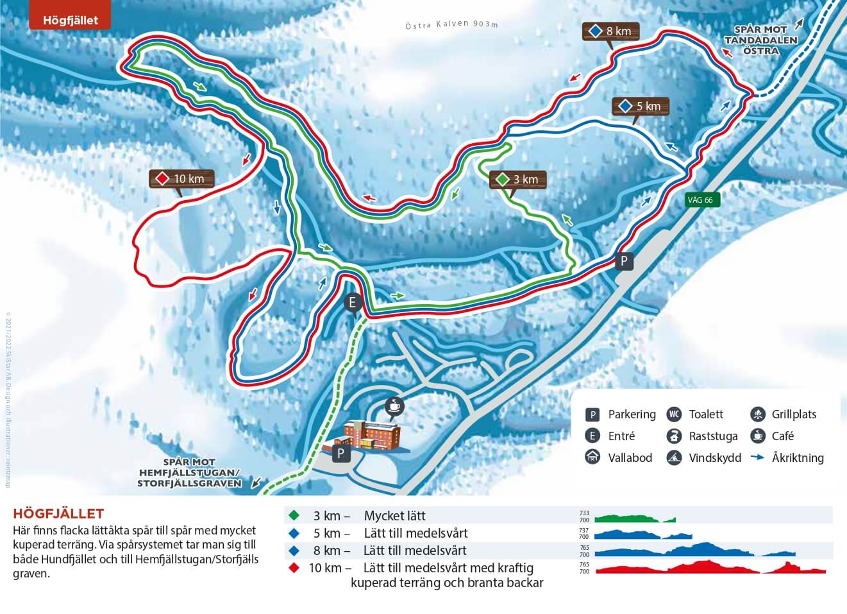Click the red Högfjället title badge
point(70,19)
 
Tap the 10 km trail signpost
point(181,178)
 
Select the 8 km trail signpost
point(611,31)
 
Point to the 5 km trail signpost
point(641,106)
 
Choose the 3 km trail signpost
point(518,180)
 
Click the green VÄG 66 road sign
point(700,200)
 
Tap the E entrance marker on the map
point(353,303)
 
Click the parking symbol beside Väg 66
point(623,261)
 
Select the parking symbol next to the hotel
point(340,454)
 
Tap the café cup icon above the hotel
point(393,405)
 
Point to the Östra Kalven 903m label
point(451,24)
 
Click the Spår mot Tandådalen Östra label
point(760,40)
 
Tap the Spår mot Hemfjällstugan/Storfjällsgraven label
point(189,473)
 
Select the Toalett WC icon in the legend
point(674,414)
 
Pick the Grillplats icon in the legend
point(757,414)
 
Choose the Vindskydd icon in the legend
point(674,458)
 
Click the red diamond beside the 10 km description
point(294,568)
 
